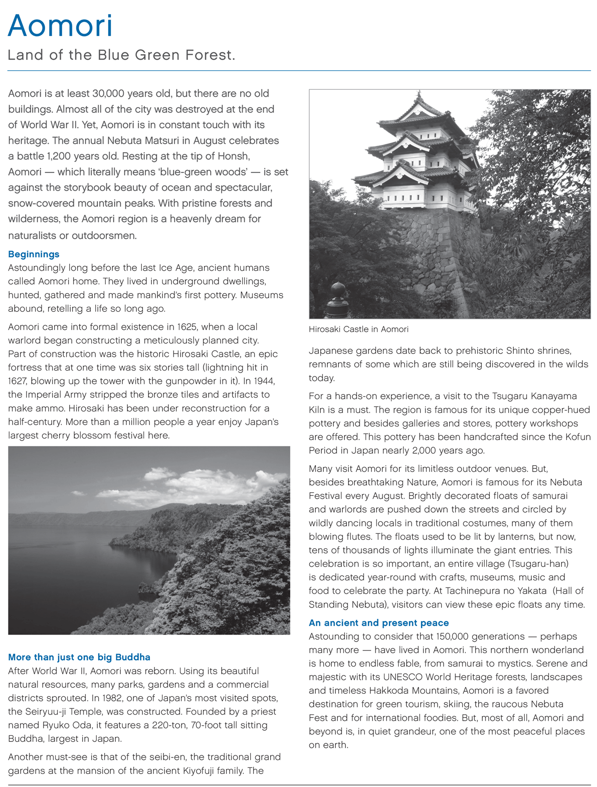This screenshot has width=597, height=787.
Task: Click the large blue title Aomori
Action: [x=60, y=26]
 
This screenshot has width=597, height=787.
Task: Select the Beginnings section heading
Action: [x=34, y=254]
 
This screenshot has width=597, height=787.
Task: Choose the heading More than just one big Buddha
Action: [x=79, y=657]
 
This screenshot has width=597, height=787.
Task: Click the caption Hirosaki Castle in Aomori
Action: [x=358, y=329]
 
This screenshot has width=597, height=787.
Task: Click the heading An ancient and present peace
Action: [x=378, y=623]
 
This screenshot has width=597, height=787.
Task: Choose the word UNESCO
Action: [x=404, y=677]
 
